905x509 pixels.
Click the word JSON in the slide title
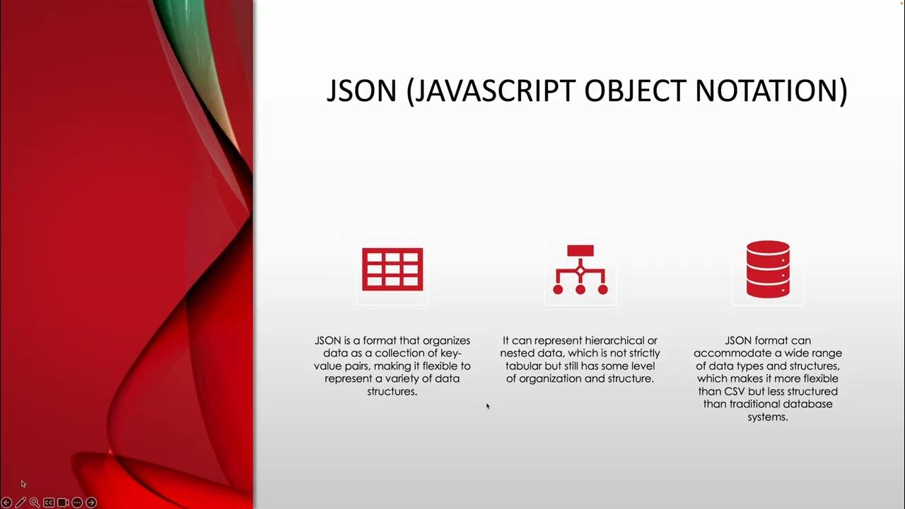pos(361,91)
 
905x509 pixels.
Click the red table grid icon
pos(392,269)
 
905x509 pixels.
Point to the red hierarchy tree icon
pos(580,269)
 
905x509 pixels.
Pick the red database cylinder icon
pos(768,269)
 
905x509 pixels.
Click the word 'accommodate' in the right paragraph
pos(726,353)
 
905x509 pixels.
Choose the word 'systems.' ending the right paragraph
pos(768,417)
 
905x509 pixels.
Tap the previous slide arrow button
pos(7,503)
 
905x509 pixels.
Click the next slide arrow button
pos(91,503)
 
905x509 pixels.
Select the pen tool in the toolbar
pos(21,503)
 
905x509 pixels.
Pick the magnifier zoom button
pos(35,503)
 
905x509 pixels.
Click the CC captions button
pos(49,503)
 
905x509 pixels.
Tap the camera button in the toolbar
pos(63,503)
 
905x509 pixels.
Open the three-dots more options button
pos(77,503)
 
